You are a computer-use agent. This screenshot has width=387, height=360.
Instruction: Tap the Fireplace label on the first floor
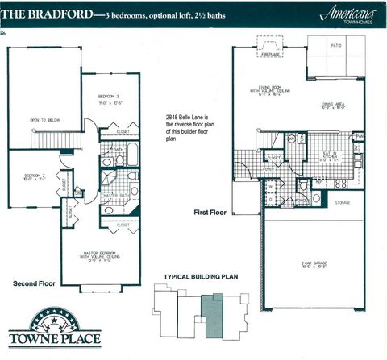tap(266, 54)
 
